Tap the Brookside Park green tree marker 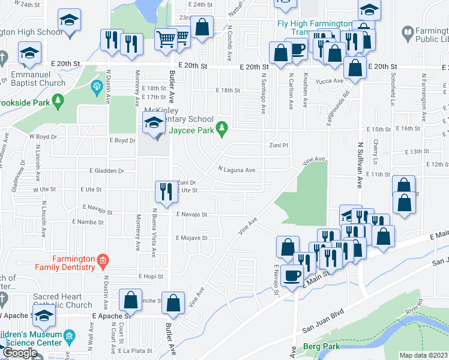pyautogui.click(x=58, y=100)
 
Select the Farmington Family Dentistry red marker pyautogui.click(x=103, y=260)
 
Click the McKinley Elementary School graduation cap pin pyautogui.click(x=153, y=125)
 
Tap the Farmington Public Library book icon pyautogui.click(x=408, y=31)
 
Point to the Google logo pyautogui.click(x=20, y=353)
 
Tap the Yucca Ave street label pyautogui.click(x=330, y=81)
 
